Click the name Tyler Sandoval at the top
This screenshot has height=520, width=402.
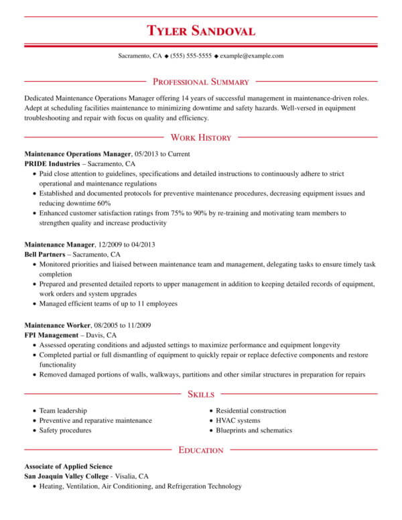point(201,31)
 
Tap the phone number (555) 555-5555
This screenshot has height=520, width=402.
point(191,56)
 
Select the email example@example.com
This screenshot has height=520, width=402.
point(252,56)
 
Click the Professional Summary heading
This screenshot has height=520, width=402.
point(201,82)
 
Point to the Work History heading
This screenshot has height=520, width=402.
point(201,138)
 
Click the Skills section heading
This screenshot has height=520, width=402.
point(201,394)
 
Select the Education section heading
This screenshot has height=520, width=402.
point(201,450)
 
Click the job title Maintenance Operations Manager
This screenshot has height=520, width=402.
point(78,153)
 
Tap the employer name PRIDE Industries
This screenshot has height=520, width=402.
point(52,164)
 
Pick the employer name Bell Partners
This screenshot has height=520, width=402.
point(45,255)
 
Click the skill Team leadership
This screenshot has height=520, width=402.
point(63,411)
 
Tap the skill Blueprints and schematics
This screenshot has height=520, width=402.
point(254,430)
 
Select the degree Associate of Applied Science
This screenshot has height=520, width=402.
point(68,466)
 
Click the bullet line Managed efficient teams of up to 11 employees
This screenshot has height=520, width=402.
point(109,304)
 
